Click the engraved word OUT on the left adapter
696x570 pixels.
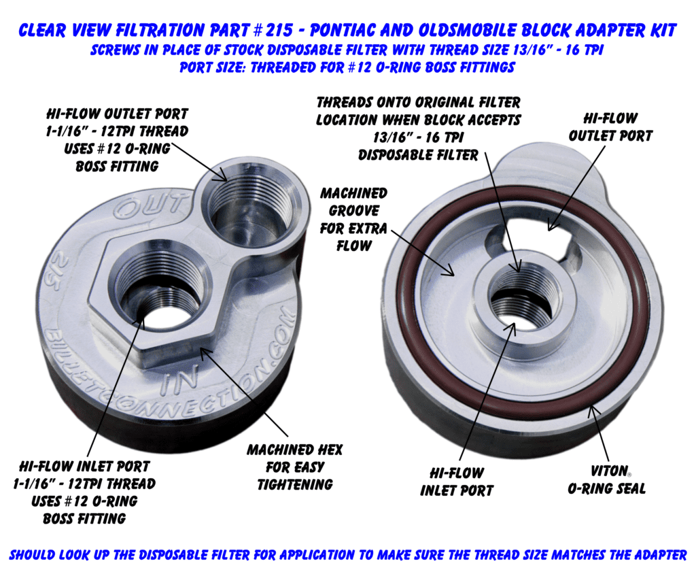[x=150, y=205]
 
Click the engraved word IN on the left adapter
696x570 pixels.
[x=179, y=382]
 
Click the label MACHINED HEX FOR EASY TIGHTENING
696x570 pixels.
[x=295, y=467]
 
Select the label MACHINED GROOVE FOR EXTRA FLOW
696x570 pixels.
[x=353, y=220]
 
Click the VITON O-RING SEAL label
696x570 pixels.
[x=606, y=480]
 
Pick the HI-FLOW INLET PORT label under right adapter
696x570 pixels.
[x=457, y=482]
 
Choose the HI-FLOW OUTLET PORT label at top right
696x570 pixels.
[x=610, y=127]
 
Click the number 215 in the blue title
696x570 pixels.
[x=279, y=30]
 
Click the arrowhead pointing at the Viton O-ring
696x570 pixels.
[x=591, y=412]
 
